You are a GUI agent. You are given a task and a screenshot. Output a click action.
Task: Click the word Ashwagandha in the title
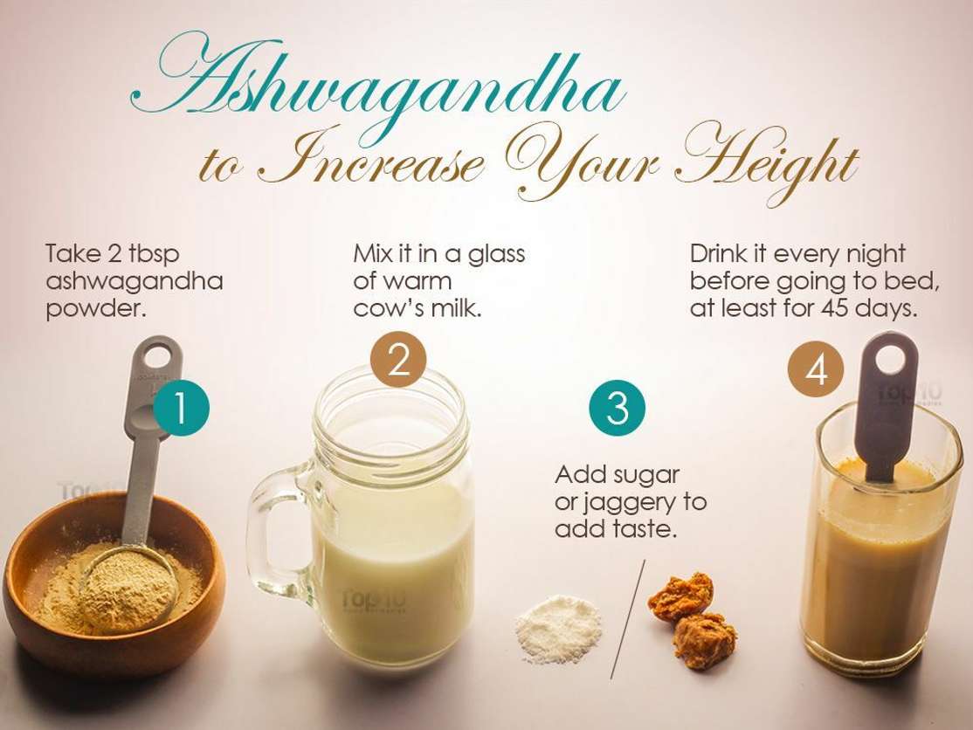(377, 86)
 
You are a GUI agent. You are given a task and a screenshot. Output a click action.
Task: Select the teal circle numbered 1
(181, 408)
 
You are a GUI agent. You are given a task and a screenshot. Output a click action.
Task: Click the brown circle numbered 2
(398, 360)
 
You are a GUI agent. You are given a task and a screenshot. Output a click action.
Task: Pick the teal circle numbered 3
(618, 408)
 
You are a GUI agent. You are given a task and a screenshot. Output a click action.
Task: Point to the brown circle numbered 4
(816, 371)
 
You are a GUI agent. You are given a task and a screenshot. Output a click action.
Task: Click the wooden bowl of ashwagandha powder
(114, 583)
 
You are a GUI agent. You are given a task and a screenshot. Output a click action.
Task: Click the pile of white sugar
(558, 627)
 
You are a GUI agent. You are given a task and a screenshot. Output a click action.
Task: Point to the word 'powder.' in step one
(96, 309)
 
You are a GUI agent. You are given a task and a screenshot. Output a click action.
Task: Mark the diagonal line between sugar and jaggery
(628, 619)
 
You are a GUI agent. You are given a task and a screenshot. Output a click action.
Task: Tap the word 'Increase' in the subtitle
(371, 159)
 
